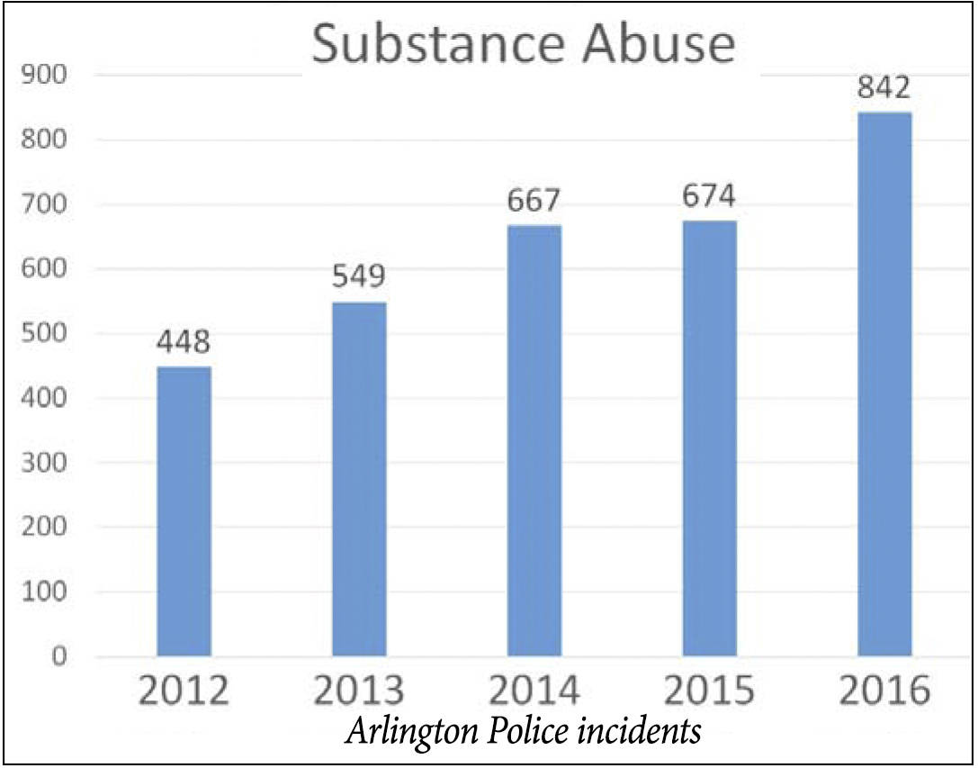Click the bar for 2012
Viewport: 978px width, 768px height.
click(184, 510)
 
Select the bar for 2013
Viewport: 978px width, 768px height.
click(359, 478)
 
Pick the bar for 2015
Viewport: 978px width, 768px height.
click(710, 438)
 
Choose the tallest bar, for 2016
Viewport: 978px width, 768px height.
click(884, 384)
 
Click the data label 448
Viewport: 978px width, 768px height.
click(184, 342)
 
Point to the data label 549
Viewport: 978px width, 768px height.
click(359, 277)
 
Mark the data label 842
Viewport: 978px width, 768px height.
click(884, 88)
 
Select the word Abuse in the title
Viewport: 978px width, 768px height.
click(657, 45)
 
